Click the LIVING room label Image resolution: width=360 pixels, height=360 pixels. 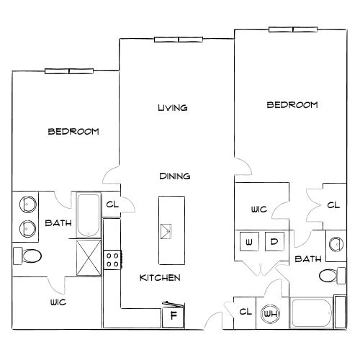click(x=173, y=108)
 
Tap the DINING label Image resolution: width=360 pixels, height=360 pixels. click(x=175, y=176)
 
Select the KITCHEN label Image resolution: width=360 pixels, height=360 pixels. click(x=160, y=278)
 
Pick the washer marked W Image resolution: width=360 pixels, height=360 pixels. click(x=249, y=241)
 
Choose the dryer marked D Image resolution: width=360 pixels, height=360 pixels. click(x=274, y=241)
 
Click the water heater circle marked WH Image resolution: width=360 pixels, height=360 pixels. click(x=271, y=313)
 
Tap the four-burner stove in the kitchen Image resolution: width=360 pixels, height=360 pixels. click(x=112, y=260)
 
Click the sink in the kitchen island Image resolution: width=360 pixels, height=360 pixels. click(x=166, y=231)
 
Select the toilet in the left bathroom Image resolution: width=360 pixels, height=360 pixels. click(x=27, y=256)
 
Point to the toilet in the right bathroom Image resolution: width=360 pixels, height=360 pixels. click(x=332, y=276)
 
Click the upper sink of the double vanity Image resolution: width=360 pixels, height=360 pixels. click(x=28, y=204)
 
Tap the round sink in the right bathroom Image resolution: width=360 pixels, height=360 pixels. click(x=336, y=244)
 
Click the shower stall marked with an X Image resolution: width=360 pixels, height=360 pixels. click(x=89, y=258)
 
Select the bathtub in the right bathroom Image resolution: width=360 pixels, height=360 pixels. click(x=311, y=312)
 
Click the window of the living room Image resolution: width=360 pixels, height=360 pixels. click(x=179, y=40)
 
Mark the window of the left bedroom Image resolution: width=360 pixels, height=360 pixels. click(x=69, y=71)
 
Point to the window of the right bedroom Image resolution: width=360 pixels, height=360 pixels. click(x=293, y=30)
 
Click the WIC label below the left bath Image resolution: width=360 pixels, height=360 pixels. click(x=58, y=302)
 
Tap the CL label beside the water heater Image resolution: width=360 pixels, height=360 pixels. click(x=246, y=312)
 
